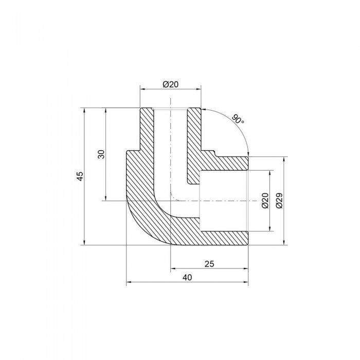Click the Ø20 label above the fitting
tap(170, 84)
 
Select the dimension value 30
tap(102, 154)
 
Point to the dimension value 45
tap(79, 176)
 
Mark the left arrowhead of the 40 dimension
tap(129, 282)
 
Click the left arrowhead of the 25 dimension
tap(172, 268)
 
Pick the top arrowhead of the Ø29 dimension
tap(284, 159)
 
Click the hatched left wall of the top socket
tap(147, 129)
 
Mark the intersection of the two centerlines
tap(170, 201)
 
